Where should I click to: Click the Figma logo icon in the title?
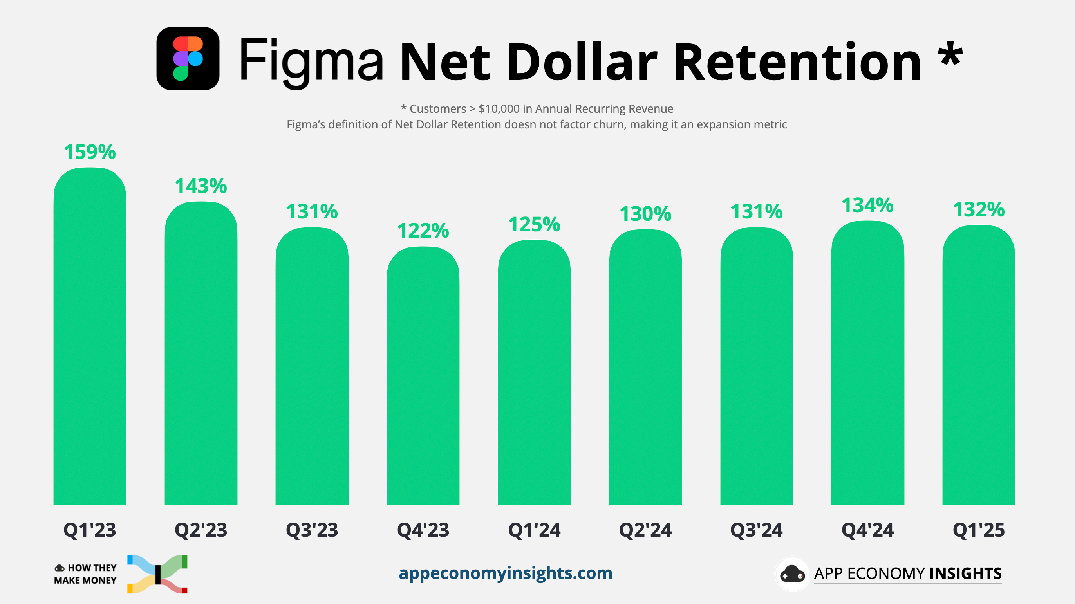tap(188, 58)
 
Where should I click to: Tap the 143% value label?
tap(201, 186)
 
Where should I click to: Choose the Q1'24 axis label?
tap(534, 530)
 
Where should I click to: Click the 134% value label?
tap(867, 205)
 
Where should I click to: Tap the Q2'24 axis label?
tap(645, 530)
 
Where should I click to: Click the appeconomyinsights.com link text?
tap(505, 573)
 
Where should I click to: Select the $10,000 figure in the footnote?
tap(499, 109)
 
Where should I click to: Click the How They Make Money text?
tap(85, 574)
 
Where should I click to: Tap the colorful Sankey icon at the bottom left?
tap(157, 574)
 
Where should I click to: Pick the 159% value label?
tap(90, 152)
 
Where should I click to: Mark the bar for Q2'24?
tap(645, 367)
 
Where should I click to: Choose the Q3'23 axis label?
tap(312, 530)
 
